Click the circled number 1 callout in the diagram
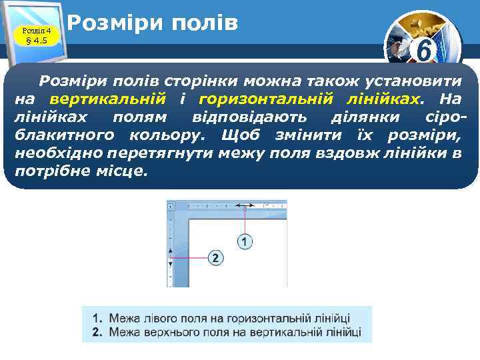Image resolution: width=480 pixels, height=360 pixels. pyautogui.click(x=245, y=241)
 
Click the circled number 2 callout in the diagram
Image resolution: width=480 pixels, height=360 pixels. pyautogui.click(x=216, y=257)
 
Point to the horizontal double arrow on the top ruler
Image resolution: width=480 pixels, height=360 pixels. pyautogui.click(x=245, y=206)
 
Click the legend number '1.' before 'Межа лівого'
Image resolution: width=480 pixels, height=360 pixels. pyautogui.click(x=97, y=319)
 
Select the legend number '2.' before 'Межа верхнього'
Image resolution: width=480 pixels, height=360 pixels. pyautogui.click(x=97, y=331)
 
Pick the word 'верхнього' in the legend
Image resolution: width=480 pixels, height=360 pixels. pyautogui.click(x=171, y=331)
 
